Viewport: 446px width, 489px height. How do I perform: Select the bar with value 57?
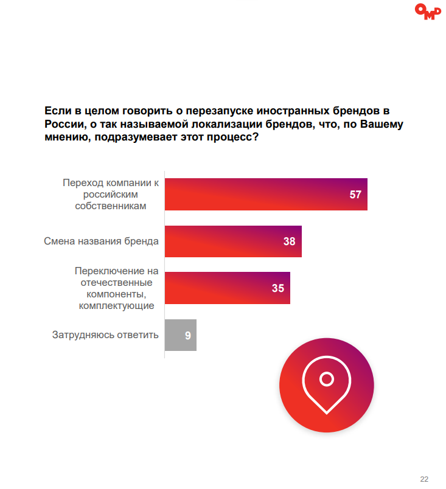pos(266,195)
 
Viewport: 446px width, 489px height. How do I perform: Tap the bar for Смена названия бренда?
pos(233,241)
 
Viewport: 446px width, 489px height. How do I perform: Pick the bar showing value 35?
pos(228,288)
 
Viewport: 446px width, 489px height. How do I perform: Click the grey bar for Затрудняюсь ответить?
pos(181,335)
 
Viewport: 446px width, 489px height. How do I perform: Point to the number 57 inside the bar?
pos(355,195)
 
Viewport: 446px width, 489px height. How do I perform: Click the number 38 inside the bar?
pos(289,241)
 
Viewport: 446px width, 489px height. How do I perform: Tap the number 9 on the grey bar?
pos(188,335)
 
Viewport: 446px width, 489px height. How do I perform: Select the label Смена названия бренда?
pos(101,241)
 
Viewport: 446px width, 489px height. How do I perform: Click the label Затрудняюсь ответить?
pos(105,335)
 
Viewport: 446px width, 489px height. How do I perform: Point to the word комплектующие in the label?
pos(116,305)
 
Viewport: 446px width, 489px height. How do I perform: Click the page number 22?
pos(424,477)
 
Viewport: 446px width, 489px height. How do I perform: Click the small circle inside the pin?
pos(327,380)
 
